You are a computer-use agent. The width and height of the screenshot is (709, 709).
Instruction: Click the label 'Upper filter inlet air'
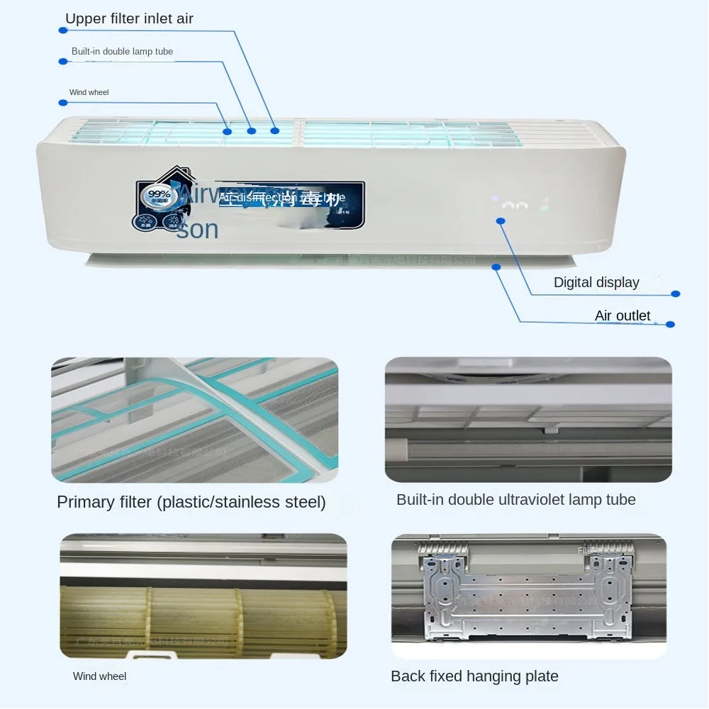(129, 19)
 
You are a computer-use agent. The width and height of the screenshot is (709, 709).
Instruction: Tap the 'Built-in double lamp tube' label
(122, 52)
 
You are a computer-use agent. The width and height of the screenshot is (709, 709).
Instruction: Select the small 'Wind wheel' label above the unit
(89, 93)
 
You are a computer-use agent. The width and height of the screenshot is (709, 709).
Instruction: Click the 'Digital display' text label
(596, 282)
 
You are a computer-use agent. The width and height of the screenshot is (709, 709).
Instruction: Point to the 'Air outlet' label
(622, 316)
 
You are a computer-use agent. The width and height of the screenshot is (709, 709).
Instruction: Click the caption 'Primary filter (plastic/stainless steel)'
(191, 503)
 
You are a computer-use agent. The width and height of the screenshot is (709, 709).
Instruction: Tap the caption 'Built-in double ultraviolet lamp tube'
(515, 500)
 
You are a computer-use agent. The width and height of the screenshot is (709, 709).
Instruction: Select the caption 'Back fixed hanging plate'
(474, 676)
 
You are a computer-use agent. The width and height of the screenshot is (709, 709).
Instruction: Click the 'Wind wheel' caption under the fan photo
(99, 676)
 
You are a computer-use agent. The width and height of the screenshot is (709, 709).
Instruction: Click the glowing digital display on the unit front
(523, 205)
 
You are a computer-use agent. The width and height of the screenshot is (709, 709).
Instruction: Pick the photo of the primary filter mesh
(194, 420)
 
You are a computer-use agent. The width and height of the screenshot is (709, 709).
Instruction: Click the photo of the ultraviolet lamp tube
(527, 420)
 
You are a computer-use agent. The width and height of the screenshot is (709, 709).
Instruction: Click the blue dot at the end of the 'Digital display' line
(675, 294)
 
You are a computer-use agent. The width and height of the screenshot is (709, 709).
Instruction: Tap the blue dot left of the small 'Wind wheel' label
(63, 103)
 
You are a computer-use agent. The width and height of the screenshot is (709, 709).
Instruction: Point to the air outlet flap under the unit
(284, 260)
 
